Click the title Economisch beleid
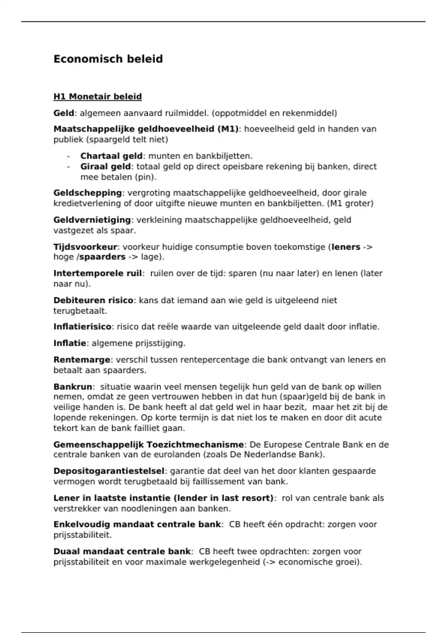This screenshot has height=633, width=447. click(x=108, y=59)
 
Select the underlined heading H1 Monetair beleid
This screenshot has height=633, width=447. click(x=98, y=97)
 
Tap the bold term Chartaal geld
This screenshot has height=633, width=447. click(x=111, y=156)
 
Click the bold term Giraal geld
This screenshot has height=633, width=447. click(x=105, y=166)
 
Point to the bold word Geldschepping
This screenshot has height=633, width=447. click(x=88, y=193)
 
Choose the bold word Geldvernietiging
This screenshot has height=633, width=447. click(x=92, y=220)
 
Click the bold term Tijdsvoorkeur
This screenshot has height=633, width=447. click(x=85, y=247)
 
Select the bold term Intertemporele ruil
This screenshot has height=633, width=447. click(x=98, y=273)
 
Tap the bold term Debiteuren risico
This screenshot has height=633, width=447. click(x=93, y=300)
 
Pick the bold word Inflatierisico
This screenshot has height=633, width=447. click(x=82, y=327)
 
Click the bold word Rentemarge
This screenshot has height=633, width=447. click(x=82, y=360)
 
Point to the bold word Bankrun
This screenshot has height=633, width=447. click(x=73, y=387)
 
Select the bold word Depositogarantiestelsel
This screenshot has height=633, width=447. click(x=109, y=471)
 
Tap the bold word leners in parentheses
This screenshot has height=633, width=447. click(x=346, y=247)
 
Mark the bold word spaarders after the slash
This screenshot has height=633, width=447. click(x=102, y=257)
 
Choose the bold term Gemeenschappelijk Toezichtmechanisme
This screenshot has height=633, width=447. click(x=148, y=445)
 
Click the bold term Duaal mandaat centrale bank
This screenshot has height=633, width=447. click(x=122, y=551)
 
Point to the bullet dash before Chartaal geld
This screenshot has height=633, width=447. click(x=69, y=156)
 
